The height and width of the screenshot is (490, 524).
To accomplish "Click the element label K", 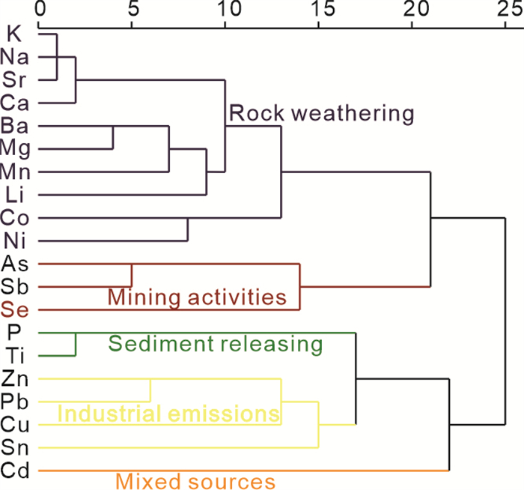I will tap(13, 33).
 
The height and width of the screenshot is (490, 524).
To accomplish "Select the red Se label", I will tap(15, 309).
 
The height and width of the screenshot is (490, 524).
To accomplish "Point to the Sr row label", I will tap(15, 79).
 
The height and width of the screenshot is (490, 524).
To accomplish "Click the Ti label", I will tap(15, 355).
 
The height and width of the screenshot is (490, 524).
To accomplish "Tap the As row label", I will tap(15, 263).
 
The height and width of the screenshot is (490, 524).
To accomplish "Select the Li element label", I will tap(15, 194).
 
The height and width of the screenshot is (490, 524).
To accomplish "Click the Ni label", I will tap(15, 241).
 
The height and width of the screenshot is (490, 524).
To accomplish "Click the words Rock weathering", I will tap(321, 114).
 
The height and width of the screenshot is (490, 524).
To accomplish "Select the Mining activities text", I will tap(198, 297).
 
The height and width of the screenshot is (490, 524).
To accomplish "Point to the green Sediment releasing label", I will tap(216, 344).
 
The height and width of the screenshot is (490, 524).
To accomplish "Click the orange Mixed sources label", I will tap(195, 480).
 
